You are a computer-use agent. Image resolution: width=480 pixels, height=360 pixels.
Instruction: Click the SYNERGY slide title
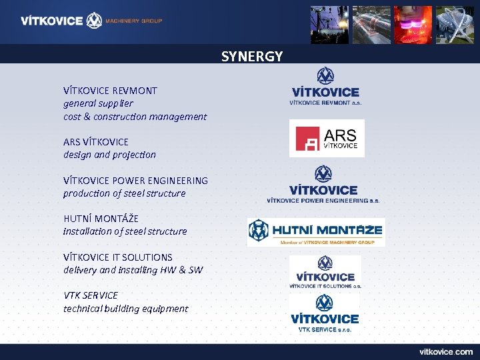(x=252, y=56)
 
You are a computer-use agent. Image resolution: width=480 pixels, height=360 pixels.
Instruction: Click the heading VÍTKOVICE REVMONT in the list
(x=110, y=90)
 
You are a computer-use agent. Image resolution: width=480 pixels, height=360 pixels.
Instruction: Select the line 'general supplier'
(x=98, y=103)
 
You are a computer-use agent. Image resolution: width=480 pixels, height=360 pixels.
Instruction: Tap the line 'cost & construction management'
(x=135, y=117)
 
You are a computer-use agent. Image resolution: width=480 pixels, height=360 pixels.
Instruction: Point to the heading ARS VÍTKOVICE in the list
(x=96, y=142)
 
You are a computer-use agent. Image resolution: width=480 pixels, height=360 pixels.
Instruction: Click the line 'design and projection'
(x=109, y=155)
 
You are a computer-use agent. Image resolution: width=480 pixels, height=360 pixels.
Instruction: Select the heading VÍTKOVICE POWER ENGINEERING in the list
(x=135, y=181)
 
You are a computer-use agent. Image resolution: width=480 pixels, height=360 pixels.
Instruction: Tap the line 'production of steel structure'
(x=124, y=193)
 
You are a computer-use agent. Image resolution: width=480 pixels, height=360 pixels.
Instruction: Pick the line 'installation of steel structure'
(x=125, y=231)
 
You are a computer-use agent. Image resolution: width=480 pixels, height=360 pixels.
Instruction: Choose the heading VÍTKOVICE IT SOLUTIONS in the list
(x=117, y=257)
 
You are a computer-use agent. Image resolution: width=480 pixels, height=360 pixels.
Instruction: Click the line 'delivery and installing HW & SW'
(x=133, y=270)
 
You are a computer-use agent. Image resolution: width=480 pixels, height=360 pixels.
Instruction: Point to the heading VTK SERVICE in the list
(x=91, y=295)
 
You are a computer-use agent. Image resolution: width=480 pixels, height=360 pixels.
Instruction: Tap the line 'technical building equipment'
(x=125, y=309)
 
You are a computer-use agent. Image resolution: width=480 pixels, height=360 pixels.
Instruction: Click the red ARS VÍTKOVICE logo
(x=327, y=138)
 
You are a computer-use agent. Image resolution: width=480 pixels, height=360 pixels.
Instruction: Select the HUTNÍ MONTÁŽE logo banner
(x=316, y=232)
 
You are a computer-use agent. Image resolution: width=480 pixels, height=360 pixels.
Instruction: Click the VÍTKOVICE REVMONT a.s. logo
(x=325, y=87)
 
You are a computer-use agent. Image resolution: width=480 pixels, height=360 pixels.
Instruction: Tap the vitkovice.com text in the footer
(x=445, y=351)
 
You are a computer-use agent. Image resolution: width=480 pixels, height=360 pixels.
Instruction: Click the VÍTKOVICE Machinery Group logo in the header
(x=91, y=21)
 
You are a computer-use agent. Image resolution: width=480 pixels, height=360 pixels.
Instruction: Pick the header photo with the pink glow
(x=413, y=25)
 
